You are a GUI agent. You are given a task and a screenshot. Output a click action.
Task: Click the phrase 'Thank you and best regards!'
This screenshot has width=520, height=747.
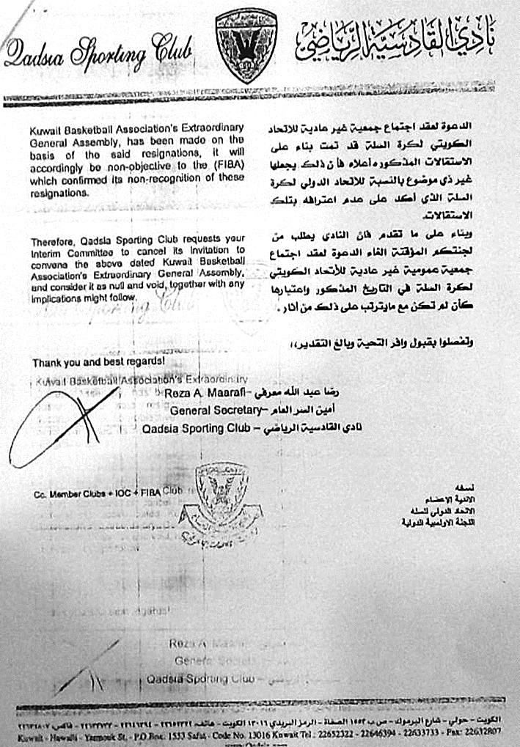[x=98, y=362]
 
